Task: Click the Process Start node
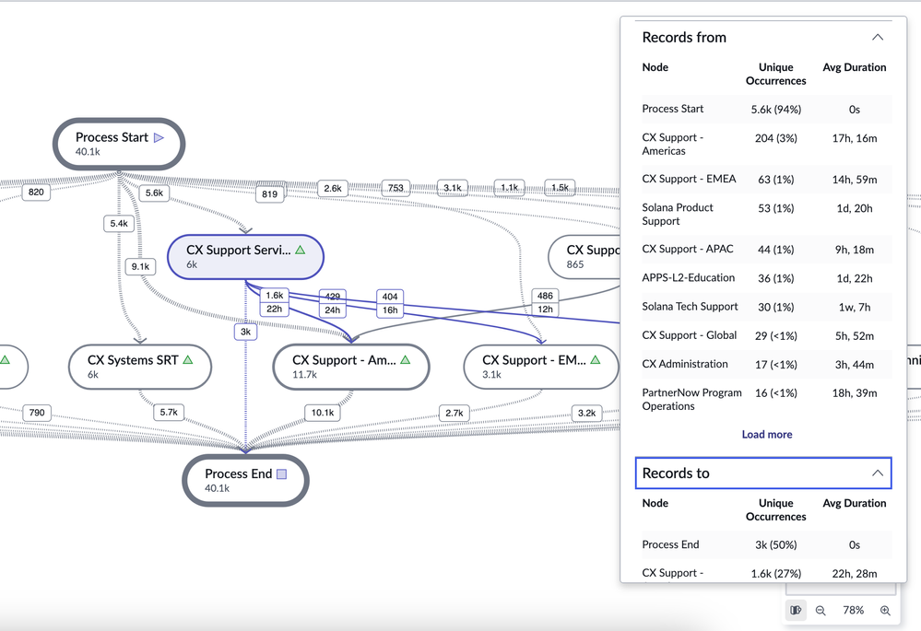(118, 144)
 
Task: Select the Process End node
(244, 480)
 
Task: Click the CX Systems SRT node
(141, 367)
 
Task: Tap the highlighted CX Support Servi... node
(244, 256)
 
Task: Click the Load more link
(766, 435)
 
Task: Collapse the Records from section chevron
(877, 38)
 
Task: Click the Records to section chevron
(877, 473)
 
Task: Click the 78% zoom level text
(853, 611)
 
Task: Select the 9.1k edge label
(141, 267)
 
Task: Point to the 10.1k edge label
(323, 413)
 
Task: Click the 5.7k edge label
(169, 413)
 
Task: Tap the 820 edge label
(36, 193)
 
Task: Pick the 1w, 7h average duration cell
(854, 307)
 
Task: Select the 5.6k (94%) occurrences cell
(775, 109)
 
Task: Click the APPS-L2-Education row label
(688, 277)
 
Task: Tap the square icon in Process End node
(282, 474)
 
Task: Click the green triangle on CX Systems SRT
(188, 360)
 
